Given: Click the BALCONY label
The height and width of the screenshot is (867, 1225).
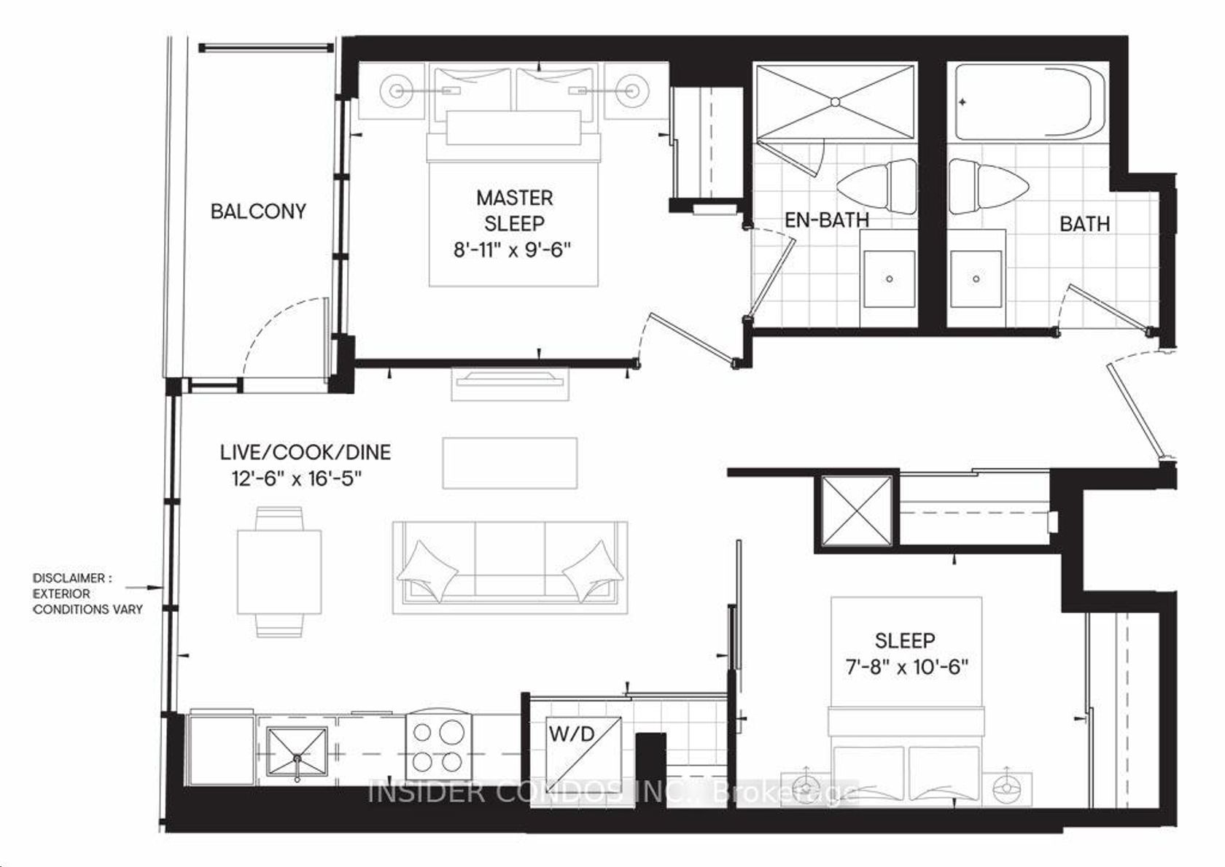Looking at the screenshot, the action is (258, 211).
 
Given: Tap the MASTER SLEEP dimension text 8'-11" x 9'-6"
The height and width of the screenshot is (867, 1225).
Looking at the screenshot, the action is (513, 250).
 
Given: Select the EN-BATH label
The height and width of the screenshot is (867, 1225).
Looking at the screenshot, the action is (827, 220).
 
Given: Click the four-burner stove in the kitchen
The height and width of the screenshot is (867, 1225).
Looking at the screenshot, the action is (439, 746).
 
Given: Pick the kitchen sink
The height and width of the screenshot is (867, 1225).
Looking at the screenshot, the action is (297, 751).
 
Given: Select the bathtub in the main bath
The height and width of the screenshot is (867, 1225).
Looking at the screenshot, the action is (1030, 102).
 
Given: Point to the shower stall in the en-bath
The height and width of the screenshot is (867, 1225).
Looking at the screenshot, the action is (834, 102).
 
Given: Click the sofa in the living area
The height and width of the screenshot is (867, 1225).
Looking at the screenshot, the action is (510, 567).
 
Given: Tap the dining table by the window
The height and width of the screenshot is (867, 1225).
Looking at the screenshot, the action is (279, 572).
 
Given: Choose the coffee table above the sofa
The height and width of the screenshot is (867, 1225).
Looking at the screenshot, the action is (510, 463).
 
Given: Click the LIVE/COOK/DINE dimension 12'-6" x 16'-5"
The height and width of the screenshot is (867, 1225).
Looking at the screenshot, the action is (297, 479).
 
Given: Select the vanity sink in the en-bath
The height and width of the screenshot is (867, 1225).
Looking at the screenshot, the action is (890, 279).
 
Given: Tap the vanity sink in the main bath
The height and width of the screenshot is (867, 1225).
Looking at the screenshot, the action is (976, 279).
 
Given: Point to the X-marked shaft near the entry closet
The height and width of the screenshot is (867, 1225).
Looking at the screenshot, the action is (856, 511).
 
